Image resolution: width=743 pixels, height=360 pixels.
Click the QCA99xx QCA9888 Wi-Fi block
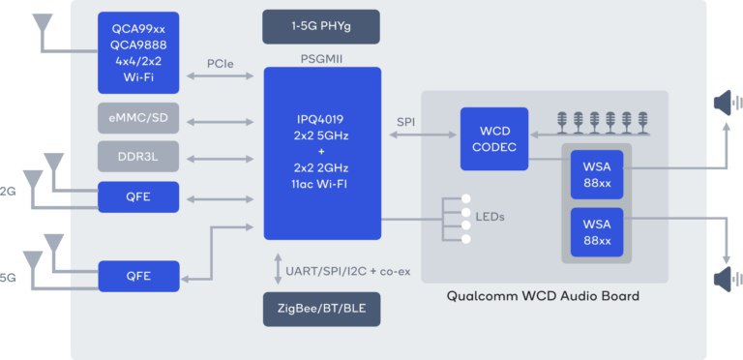138,52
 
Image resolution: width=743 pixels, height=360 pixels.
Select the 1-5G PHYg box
321,26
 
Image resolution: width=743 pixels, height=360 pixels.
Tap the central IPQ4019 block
322,154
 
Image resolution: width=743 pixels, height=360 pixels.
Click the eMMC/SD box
138,118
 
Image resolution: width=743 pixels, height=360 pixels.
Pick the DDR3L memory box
138,156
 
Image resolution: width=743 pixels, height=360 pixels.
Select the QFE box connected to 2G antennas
138,197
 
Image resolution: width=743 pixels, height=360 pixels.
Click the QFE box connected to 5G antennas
139,276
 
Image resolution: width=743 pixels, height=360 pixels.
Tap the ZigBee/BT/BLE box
322,309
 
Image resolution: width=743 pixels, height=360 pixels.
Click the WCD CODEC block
494,138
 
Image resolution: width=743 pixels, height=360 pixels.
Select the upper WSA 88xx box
597,175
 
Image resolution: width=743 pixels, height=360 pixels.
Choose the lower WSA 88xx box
597,232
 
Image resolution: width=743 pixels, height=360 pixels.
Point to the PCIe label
221,64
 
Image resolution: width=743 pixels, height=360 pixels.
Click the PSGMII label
322,60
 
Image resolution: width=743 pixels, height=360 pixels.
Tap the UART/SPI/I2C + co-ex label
348,272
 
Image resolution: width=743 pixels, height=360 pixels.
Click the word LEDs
490,218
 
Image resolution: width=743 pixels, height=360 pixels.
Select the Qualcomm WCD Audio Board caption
543,296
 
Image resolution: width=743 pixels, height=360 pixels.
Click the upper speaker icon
728,103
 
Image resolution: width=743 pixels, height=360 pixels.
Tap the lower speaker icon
728,279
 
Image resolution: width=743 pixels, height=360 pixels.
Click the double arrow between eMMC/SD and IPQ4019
221,122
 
